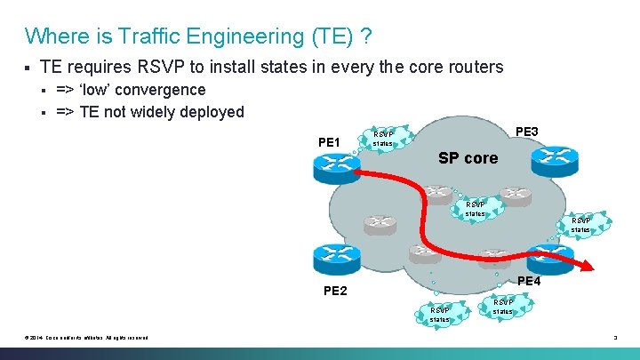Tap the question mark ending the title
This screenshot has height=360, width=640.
coord(366,36)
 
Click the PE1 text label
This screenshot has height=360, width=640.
coord(329,141)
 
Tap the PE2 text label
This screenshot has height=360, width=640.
coord(335,291)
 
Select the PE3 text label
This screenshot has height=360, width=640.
coord(527,132)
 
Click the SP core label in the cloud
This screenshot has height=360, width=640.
coord(468,158)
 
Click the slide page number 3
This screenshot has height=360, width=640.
coord(614,337)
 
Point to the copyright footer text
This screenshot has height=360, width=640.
coord(87,337)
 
